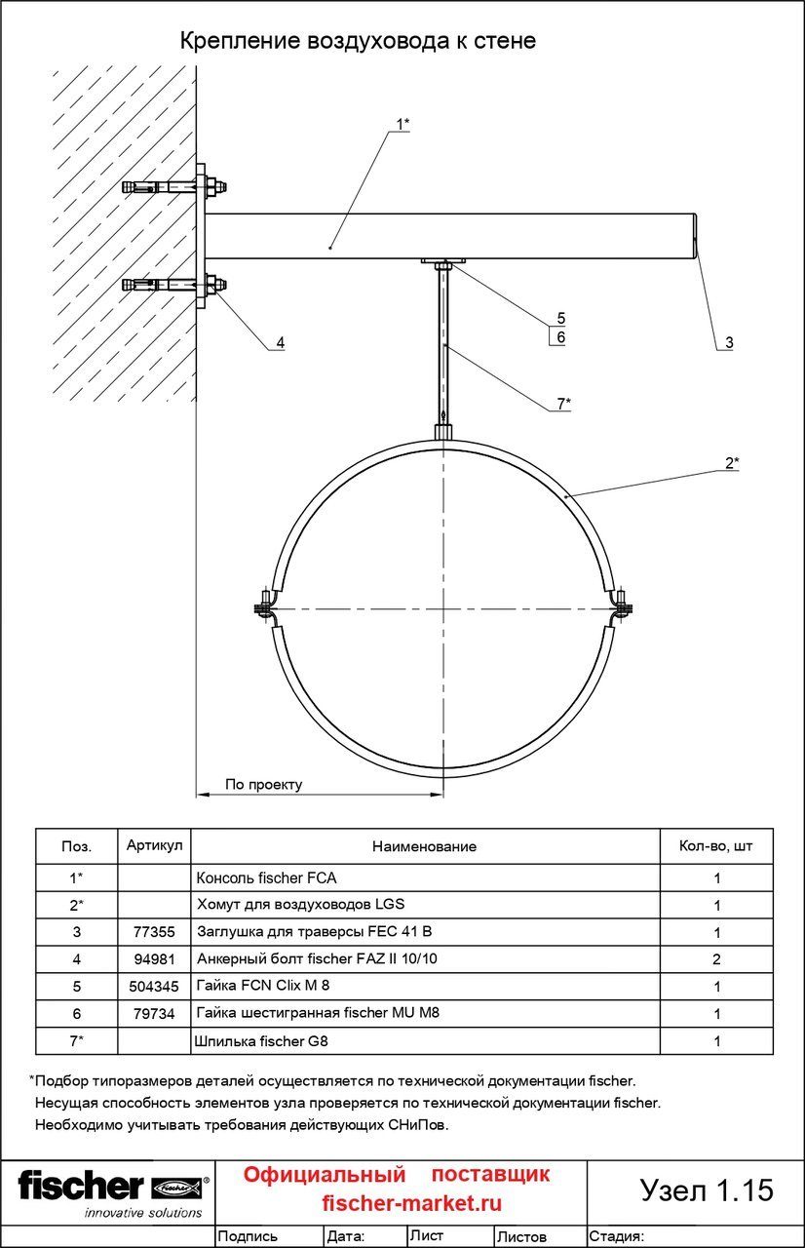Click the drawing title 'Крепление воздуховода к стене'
[358, 41]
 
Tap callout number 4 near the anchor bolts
[281, 342]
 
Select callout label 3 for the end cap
[729, 342]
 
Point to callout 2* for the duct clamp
[732, 463]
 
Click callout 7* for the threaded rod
[564, 404]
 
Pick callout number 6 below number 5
[561, 337]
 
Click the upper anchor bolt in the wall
[174, 186]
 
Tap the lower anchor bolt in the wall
[174, 286]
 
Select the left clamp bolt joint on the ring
[265, 606]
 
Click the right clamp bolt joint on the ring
[622, 606]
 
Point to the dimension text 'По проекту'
[264, 785]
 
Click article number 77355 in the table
[154, 931]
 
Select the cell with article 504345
[154, 986]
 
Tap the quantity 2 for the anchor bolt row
[716, 959]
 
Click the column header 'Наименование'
[424, 847]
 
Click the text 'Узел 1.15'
[707, 1189]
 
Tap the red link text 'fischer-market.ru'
[412, 1203]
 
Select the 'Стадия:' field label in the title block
[617, 1236]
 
